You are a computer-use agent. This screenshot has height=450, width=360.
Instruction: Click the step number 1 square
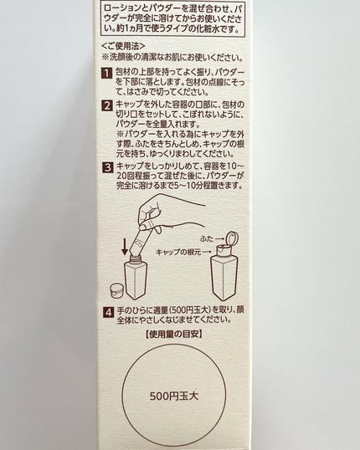(107, 73)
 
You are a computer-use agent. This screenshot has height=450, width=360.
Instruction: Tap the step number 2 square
(107, 105)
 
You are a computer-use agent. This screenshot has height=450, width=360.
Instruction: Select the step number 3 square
(108, 167)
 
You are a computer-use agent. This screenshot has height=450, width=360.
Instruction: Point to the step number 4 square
(108, 312)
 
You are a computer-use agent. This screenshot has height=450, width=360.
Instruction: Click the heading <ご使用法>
(124, 46)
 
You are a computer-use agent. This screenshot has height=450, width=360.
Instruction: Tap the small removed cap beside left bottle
(117, 290)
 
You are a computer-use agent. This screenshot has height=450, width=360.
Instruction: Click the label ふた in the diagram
(207, 238)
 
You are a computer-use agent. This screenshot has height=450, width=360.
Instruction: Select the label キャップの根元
(178, 253)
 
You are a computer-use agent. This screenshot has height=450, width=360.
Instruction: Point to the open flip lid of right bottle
(232, 238)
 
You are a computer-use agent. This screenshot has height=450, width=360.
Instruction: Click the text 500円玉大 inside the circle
(174, 396)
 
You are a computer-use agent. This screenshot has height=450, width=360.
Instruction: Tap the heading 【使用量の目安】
(173, 334)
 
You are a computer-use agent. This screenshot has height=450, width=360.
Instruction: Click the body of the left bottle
(136, 280)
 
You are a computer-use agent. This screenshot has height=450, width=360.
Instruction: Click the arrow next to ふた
(220, 238)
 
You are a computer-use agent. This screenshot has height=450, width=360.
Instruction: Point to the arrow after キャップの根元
(207, 253)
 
